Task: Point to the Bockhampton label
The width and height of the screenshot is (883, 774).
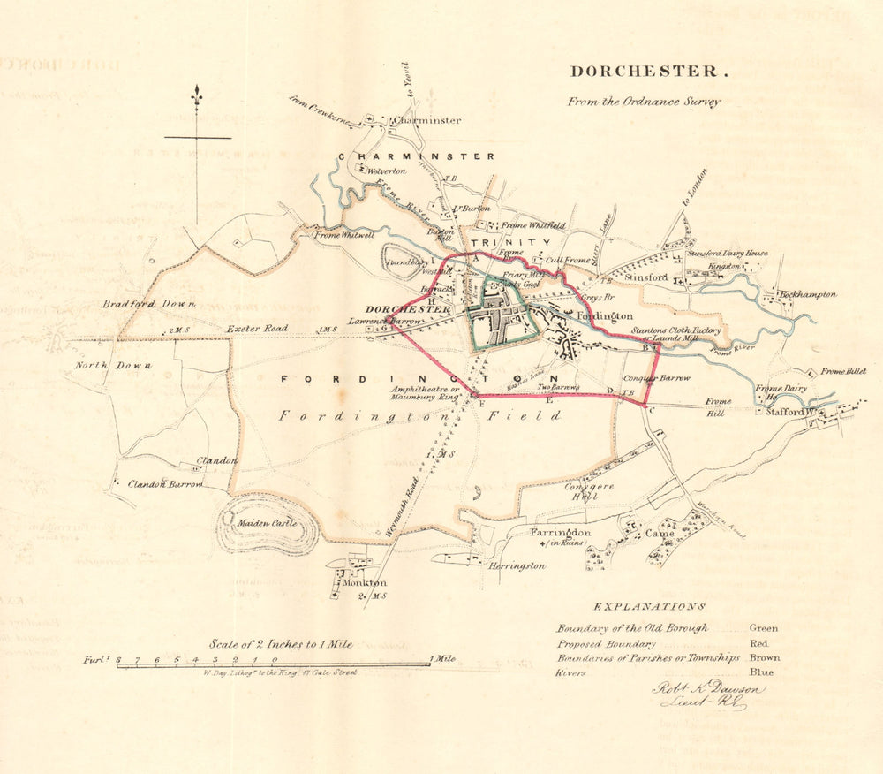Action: click(x=807, y=294)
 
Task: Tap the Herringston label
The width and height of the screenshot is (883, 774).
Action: click(x=517, y=565)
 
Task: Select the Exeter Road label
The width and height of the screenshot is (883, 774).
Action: click(x=257, y=329)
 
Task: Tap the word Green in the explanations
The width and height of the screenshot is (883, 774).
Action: click(x=764, y=628)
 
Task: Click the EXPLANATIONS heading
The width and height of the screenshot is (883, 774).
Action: click(x=649, y=607)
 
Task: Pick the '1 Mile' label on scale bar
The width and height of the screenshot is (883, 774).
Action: click(x=443, y=659)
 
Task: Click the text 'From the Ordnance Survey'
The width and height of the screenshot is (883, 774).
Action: click(x=644, y=102)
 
